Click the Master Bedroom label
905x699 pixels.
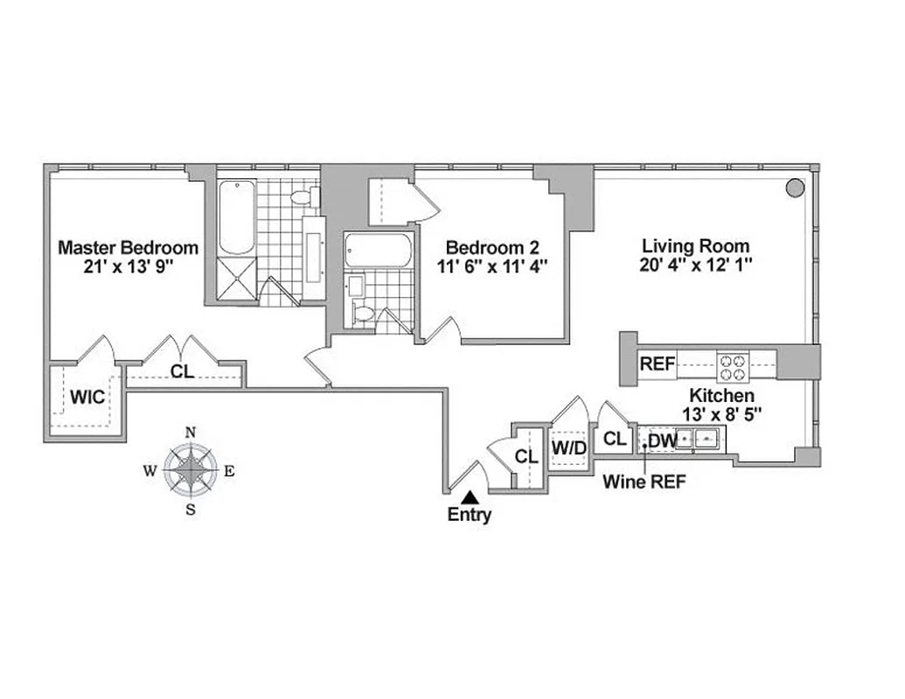click(x=128, y=247)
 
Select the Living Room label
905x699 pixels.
click(x=696, y=246)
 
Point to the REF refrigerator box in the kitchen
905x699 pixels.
click(x=658, y=364)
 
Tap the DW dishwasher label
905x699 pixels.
click(x=663, y=441)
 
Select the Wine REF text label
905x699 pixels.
click(x=643, y=481)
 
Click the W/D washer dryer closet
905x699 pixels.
click(x=567, y=448)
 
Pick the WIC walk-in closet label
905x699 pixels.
click(x=87, y=398)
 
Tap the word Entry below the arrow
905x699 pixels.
click(x=469, y=516)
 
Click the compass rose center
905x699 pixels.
click(x=191, y=470)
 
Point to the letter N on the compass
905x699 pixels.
click(x=191, y=432)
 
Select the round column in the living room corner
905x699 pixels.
click(x=794, y=187)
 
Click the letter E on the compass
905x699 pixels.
click(x=229, y=471)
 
